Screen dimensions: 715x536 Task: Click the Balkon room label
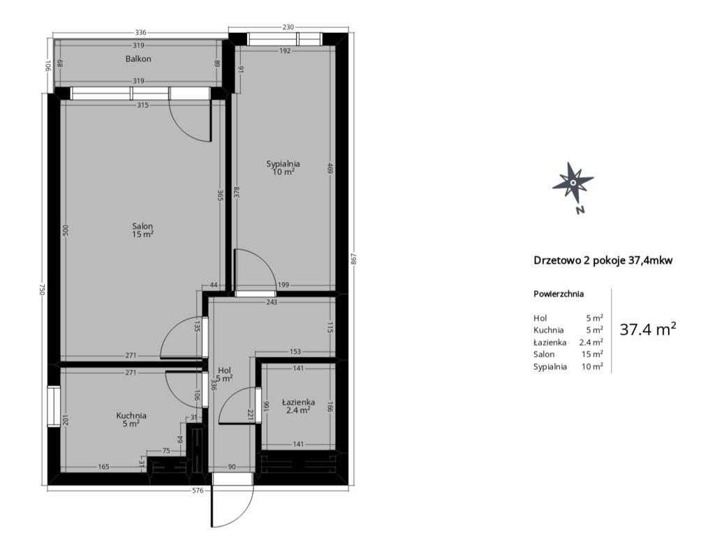(138, 59)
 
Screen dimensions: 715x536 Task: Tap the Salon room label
(142, 226)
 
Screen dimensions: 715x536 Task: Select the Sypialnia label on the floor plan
(283, 163)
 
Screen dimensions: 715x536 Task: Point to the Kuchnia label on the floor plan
(131, 416)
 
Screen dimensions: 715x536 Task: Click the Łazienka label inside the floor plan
(298, 402)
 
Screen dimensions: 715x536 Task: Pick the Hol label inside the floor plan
(225, 370)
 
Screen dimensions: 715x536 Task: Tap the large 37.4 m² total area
(647, 329)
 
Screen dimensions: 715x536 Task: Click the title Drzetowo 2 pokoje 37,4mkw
(603, 261)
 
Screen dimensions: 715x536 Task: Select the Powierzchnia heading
(559, 294)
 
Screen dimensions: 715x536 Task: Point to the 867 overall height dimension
(353, 258)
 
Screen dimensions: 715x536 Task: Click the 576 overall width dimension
(198, 491)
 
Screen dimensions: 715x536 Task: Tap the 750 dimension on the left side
(41, 290)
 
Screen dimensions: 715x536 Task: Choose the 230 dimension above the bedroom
(288, 27)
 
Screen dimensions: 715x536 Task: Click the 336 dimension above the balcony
(141, 32)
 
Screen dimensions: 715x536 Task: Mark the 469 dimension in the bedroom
(330, 168)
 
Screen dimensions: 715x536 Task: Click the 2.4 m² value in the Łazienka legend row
(591, 342)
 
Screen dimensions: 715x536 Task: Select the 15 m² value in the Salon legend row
(592, 354)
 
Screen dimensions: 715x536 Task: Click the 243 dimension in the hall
(272, 301)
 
